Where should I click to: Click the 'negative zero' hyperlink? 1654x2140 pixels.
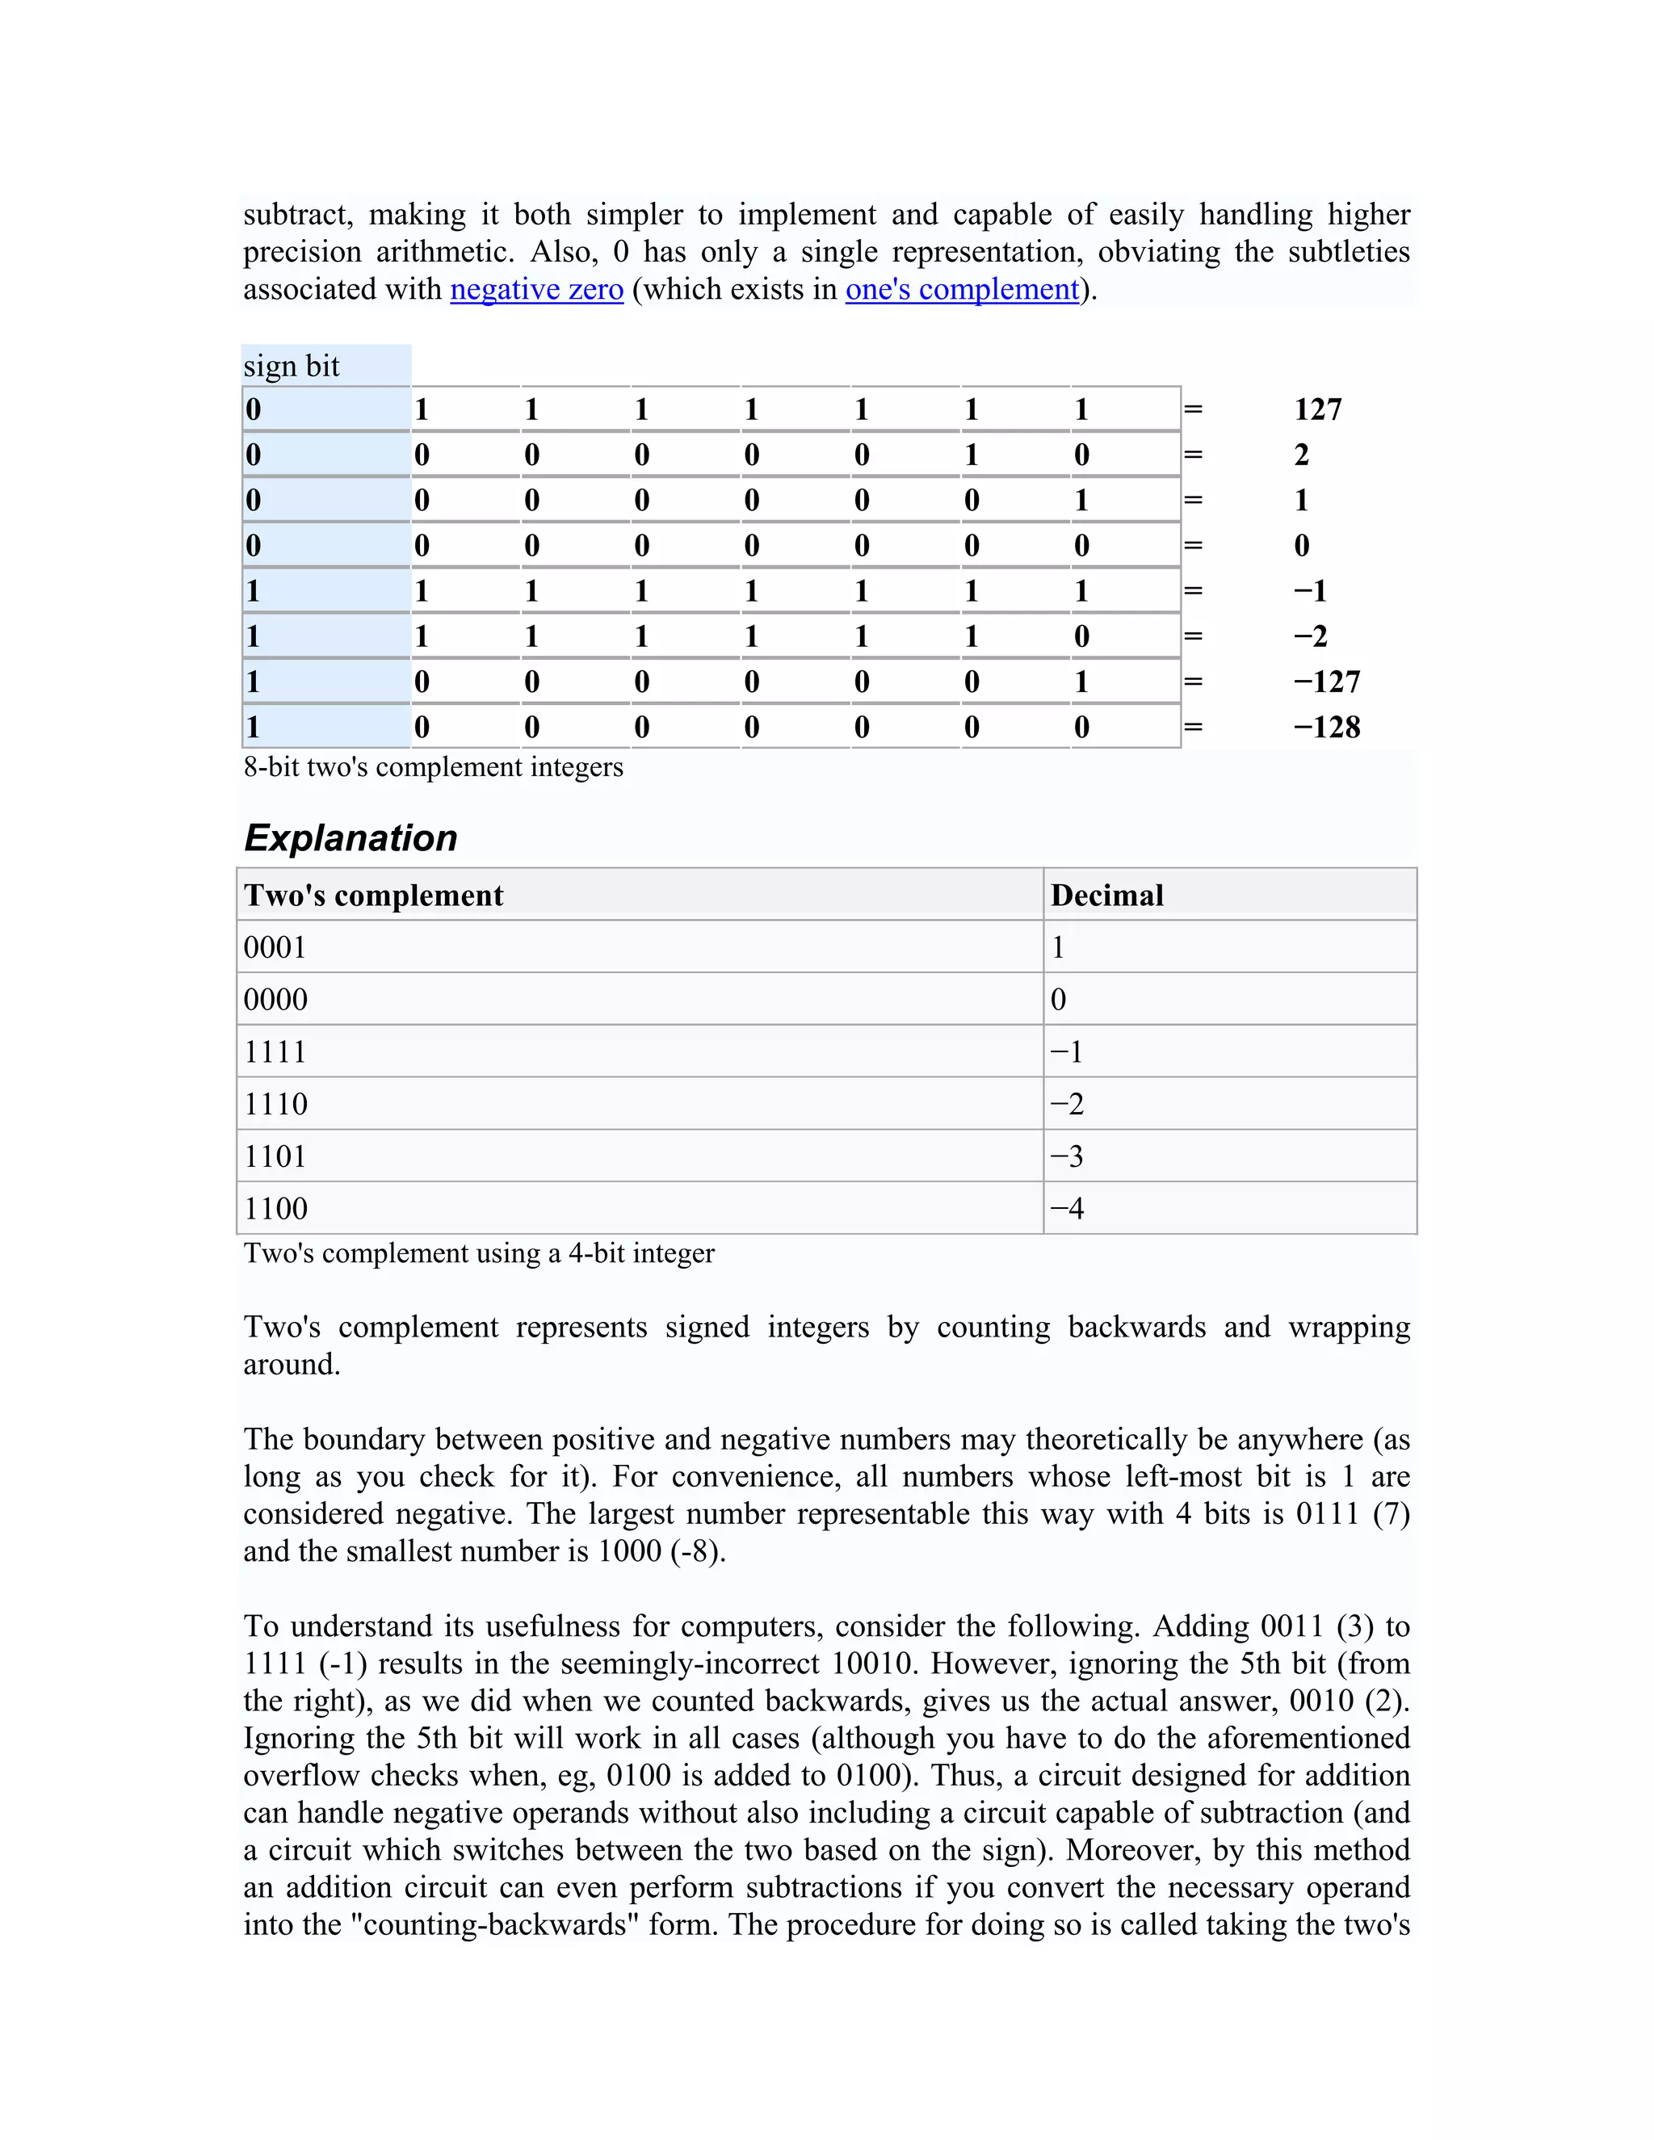tap(536, 290)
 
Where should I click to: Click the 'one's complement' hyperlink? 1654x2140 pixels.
tap(961, 290)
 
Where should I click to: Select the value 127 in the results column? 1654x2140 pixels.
tap(1317, 409)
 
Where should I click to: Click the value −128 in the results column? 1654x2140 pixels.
tap(1326, 727)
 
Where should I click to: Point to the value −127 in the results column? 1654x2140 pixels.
tap(1326, 682)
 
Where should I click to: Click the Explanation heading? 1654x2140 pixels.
tap(350, 839)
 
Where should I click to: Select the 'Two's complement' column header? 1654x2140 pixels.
tap(373, 896)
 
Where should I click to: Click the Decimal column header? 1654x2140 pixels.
tap(1106, 896)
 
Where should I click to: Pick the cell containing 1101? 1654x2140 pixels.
tap(275, 1157)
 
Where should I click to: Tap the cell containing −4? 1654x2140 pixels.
tap(1067, 1209)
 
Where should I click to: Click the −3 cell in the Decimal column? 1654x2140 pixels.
tap(1067, 1157)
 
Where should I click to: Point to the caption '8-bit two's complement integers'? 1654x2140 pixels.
tap(433, 767)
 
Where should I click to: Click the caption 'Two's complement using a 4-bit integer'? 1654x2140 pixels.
tap(479, 1253)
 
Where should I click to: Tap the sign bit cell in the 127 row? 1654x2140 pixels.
tap(325, 409)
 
